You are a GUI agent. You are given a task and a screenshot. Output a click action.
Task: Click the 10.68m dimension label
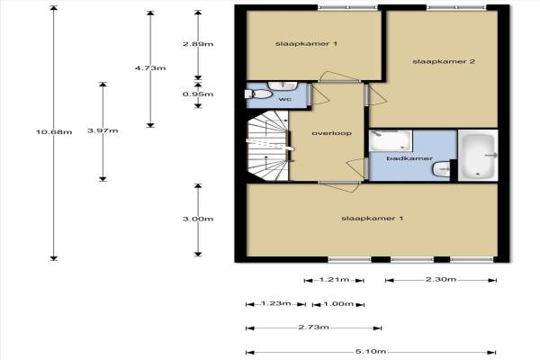(54, 132)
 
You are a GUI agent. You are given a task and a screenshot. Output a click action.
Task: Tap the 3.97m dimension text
(103, 130)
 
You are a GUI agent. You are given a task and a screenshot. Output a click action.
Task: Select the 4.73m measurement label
(150, 67)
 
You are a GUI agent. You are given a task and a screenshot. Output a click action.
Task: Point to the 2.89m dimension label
(198, 44)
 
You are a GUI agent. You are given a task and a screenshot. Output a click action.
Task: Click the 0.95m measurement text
(198, 94)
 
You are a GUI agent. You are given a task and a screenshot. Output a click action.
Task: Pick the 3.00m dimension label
(198, 219)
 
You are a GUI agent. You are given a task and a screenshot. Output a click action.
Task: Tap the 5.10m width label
(371, 352)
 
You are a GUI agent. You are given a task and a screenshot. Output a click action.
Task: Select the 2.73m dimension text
(313, 328)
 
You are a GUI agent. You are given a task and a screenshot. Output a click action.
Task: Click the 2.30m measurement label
(441, 279)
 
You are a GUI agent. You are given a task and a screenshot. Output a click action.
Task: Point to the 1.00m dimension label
(338, 304)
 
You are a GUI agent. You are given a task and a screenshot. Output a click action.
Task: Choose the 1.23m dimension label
(276, 303)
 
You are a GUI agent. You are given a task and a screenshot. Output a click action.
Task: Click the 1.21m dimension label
(334, 279)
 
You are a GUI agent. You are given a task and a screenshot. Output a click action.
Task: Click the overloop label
(331, 133)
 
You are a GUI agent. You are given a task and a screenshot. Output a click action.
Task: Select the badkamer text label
(409, 158)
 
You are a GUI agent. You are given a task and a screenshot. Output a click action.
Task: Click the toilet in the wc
(258, 94)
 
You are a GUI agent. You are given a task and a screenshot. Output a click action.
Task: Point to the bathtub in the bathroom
(478, 156)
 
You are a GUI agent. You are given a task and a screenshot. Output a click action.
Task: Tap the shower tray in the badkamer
(391, 140)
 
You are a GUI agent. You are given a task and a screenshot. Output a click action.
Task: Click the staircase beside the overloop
(268, 146)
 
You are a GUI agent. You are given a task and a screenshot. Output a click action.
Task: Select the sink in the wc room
(283, 85)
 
